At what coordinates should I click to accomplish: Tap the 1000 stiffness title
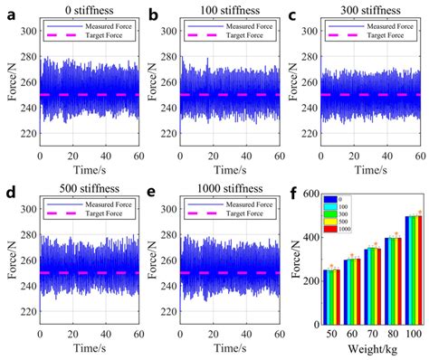(220, 191)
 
